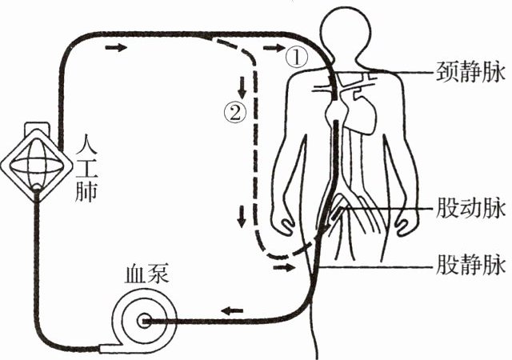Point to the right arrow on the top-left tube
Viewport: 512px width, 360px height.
116,49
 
